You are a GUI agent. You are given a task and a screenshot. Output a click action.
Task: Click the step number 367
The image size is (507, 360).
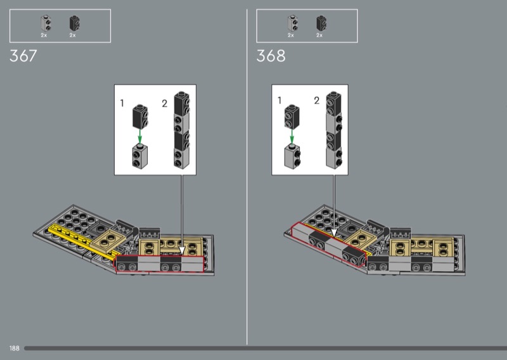tap(23, 56)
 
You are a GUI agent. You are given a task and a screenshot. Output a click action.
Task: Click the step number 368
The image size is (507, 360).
tap(271, 56)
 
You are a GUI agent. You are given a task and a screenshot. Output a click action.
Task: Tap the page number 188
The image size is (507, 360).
tap(14, 349)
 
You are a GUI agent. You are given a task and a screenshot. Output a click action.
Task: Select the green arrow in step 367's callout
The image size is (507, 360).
tap(139, 136)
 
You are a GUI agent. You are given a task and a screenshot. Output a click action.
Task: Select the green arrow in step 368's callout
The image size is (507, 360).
tap(292, 136)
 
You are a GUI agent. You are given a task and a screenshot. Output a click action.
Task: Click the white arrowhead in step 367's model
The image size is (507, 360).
tap(182, 251)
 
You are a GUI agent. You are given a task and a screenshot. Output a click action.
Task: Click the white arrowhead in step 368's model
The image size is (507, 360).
tap(334, 233)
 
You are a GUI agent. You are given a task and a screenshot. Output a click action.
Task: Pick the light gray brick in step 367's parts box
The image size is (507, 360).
tap(46, 23)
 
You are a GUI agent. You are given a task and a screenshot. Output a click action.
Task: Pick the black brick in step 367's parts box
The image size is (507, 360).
tap(74, 23)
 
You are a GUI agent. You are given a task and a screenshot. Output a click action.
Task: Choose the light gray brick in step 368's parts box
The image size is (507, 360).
tap(293, 23)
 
